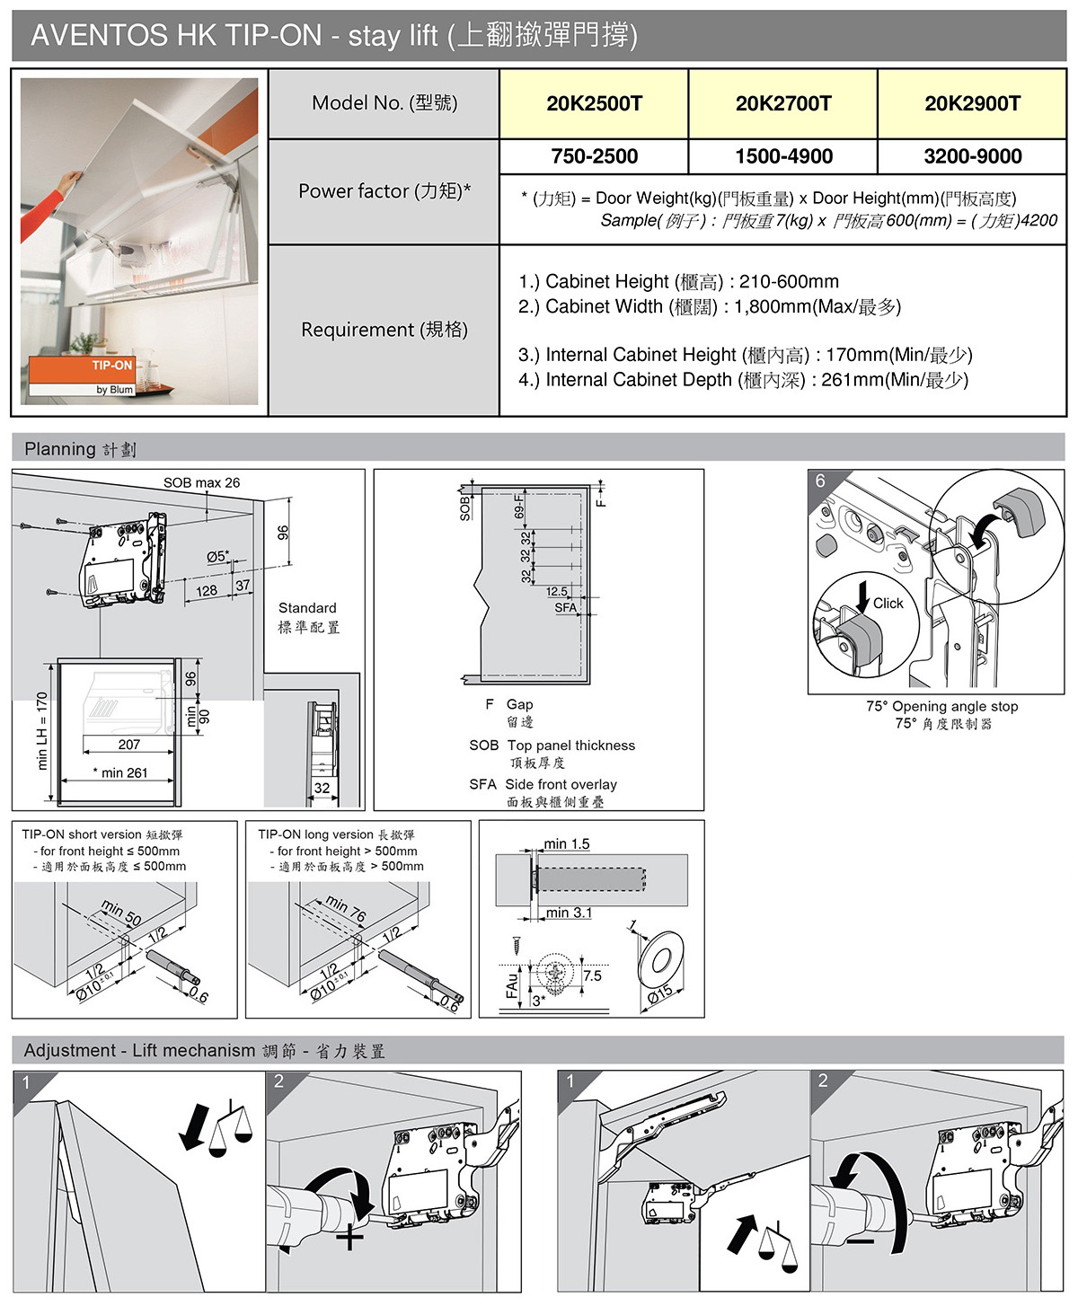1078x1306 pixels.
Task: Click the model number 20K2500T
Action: point(594,103)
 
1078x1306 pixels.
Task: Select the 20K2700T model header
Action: point(783,103)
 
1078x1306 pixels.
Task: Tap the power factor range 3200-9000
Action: point(972,156)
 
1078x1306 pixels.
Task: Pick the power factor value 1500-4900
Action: point(783,156)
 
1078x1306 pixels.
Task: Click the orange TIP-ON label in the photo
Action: point(111,366)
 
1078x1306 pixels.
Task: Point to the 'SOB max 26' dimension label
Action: point(201,483)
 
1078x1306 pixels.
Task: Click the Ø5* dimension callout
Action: point(217,556)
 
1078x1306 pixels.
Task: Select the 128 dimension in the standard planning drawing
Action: point(207,590)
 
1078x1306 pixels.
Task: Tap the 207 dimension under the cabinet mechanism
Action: point(129,744)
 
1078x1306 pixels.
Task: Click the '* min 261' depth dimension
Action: point(120,772)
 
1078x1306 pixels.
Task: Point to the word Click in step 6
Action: point(888,604)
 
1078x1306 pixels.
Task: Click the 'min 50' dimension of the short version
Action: point(121,912)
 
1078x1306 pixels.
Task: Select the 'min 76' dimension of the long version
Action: point(346,908)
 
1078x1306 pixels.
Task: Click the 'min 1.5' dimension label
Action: point(567,843)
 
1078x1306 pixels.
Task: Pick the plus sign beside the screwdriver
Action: point(349,1238)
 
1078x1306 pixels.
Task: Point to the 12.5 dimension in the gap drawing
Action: point(557,591)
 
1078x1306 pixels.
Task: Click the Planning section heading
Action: point(80,449)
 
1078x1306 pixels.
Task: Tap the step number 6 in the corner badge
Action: point(820,481)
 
